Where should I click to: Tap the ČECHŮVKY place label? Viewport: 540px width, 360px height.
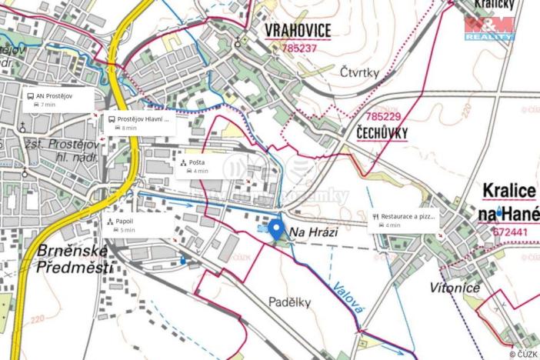click(x=382, y=132)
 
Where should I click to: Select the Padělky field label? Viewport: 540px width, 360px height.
click(x=289, y=302)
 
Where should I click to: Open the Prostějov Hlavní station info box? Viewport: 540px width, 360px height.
click(x=139, y=123)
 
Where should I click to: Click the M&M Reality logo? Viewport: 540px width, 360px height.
click(x=488, y=28)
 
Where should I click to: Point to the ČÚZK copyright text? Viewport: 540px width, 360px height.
click(x=523, y=354)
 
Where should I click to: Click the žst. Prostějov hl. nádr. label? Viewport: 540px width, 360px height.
click(x=66, y=151)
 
